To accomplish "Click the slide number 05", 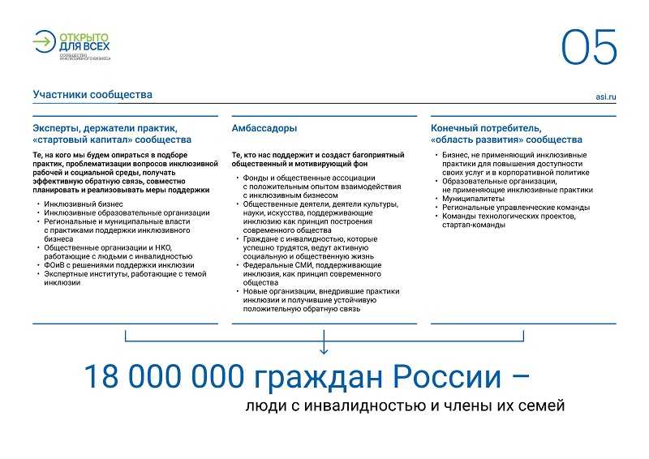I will tap(589, 48).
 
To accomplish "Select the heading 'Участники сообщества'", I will tap(92, 95).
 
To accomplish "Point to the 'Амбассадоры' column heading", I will tap(264, 128).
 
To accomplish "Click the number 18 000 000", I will tap(161, 376).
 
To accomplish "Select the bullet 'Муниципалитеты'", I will tap(473, 198).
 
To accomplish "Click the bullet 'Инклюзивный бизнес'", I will tap(84, 204).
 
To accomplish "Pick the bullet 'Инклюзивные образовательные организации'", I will tap(127, 212).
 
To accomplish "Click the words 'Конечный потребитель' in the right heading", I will tap(485, 128).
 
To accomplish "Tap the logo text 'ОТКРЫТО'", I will tap(84, 37).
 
